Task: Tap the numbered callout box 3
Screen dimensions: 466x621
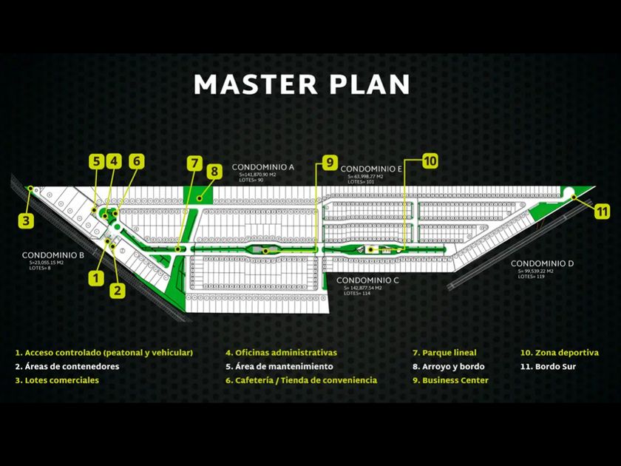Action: (x=27, y=220)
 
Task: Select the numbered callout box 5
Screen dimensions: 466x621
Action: (x=97, y=161)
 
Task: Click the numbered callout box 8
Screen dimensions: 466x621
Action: (x=214, y=172)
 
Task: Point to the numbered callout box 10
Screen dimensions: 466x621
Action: (x=430, y=161)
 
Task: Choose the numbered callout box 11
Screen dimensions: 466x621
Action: (x=602, y=209)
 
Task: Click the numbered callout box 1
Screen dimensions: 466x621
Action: (x=95, y=277)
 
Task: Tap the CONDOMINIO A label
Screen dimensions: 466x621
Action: (x=262, y=167)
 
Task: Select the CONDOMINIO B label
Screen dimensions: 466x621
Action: (x=52, y=254)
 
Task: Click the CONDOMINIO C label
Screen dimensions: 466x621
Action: (x=367, y=280)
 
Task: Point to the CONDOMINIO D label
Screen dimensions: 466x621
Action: (x=542, y=264)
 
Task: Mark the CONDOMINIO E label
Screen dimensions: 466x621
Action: (x=371, y=169)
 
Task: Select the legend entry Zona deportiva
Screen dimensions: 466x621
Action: (x=560, y=353)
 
